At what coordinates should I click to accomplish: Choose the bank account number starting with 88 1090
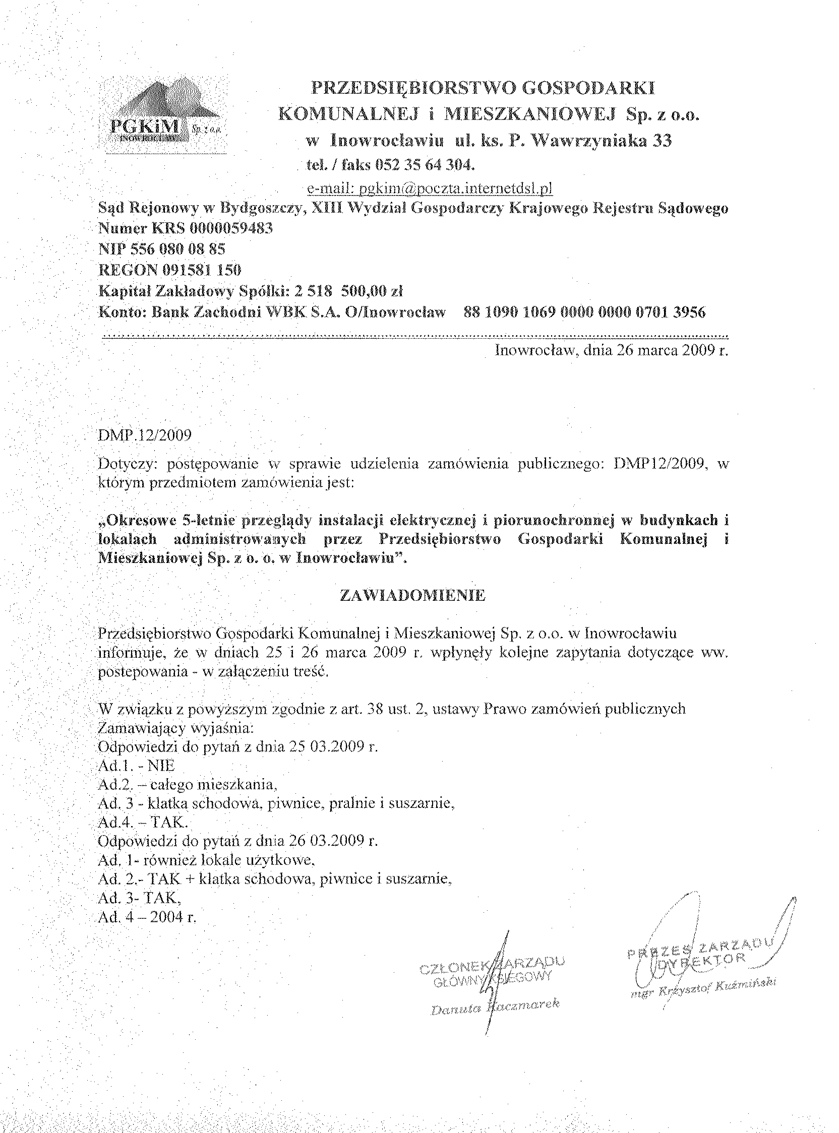tap(584, 312)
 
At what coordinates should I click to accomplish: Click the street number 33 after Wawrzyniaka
tap(662, 141)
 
